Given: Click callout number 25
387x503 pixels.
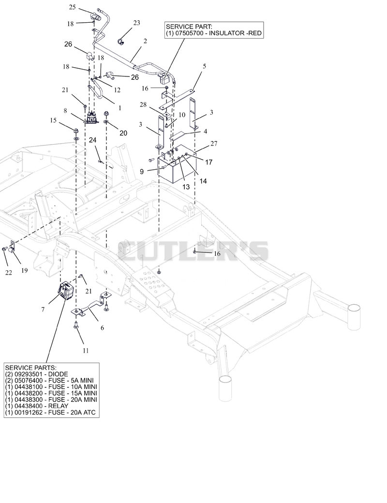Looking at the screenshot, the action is point(72,7).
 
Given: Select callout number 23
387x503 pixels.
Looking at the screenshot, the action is point(137,23).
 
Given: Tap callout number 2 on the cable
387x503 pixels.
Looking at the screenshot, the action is point(145,41).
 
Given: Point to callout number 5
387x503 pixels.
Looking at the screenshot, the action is point(205,66).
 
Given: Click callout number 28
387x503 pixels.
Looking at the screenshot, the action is point(143,104).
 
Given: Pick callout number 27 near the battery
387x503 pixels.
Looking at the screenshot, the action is point(214,143).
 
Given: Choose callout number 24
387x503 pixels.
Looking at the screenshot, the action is point(92,140).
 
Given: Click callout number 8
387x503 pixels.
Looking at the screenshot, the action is point(65,111).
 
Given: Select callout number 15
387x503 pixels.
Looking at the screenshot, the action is point(53,120).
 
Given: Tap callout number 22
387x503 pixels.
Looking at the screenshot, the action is point(8,273).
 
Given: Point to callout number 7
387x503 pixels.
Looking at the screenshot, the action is point(43,310).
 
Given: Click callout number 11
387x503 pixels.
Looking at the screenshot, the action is point(85,351).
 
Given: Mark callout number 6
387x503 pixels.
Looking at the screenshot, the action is point(102,328).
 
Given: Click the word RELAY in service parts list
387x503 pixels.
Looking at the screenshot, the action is point(58,406).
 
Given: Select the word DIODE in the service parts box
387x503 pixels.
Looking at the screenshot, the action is point(58,374).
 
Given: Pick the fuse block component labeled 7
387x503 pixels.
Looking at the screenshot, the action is point(66,290).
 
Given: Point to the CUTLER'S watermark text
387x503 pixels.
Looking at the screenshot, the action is point(193,251).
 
